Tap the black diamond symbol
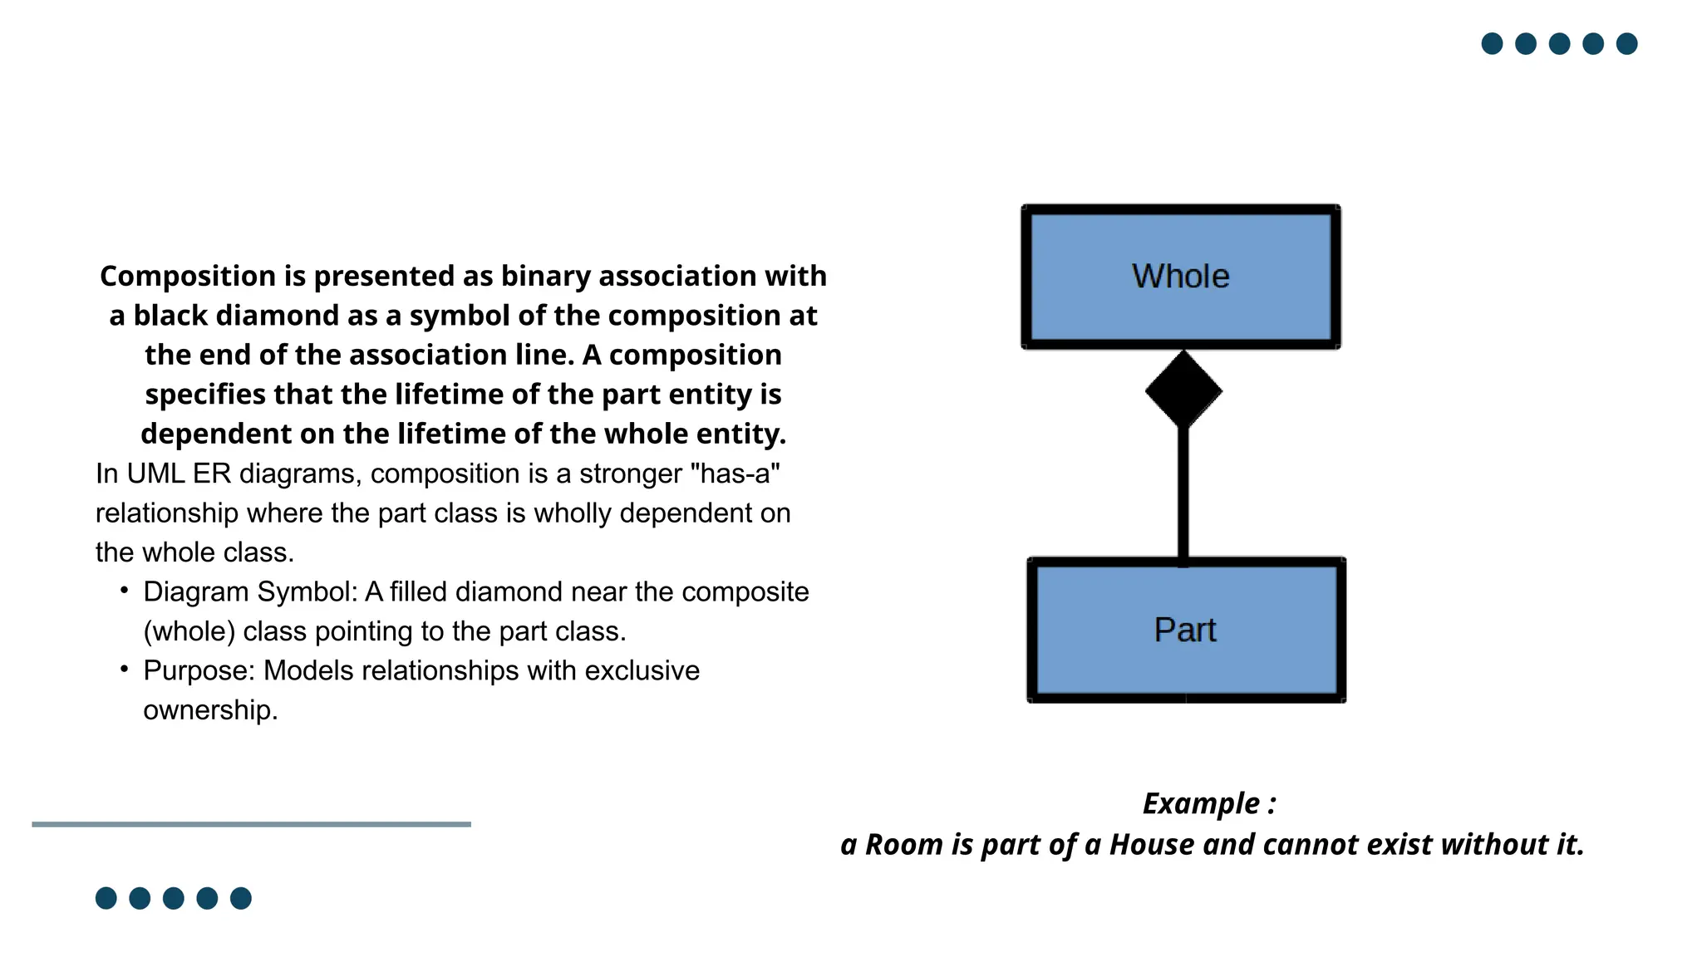(x=1183, y=390)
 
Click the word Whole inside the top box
(x=1180, y=277)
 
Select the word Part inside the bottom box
(x=1185, y=631)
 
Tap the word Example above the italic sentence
(x=1201, y=804)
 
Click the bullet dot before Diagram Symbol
(x=124, y=590)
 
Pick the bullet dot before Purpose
(x=124, y=669)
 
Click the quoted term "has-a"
(x=735, y=474)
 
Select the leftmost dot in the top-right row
(x=1492, y=43)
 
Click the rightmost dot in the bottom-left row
(x=241, y=898)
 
